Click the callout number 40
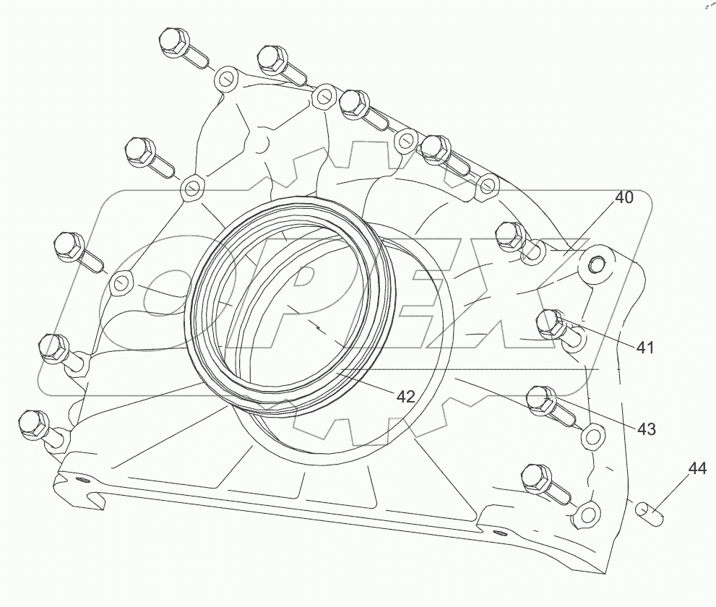point(624,197)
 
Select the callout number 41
point(644,348)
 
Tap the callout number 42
point(405,396)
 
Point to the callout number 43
point(646,429)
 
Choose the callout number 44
point(696,469)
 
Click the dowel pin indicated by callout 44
point(648,513)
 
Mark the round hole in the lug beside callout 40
point(597,264)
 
